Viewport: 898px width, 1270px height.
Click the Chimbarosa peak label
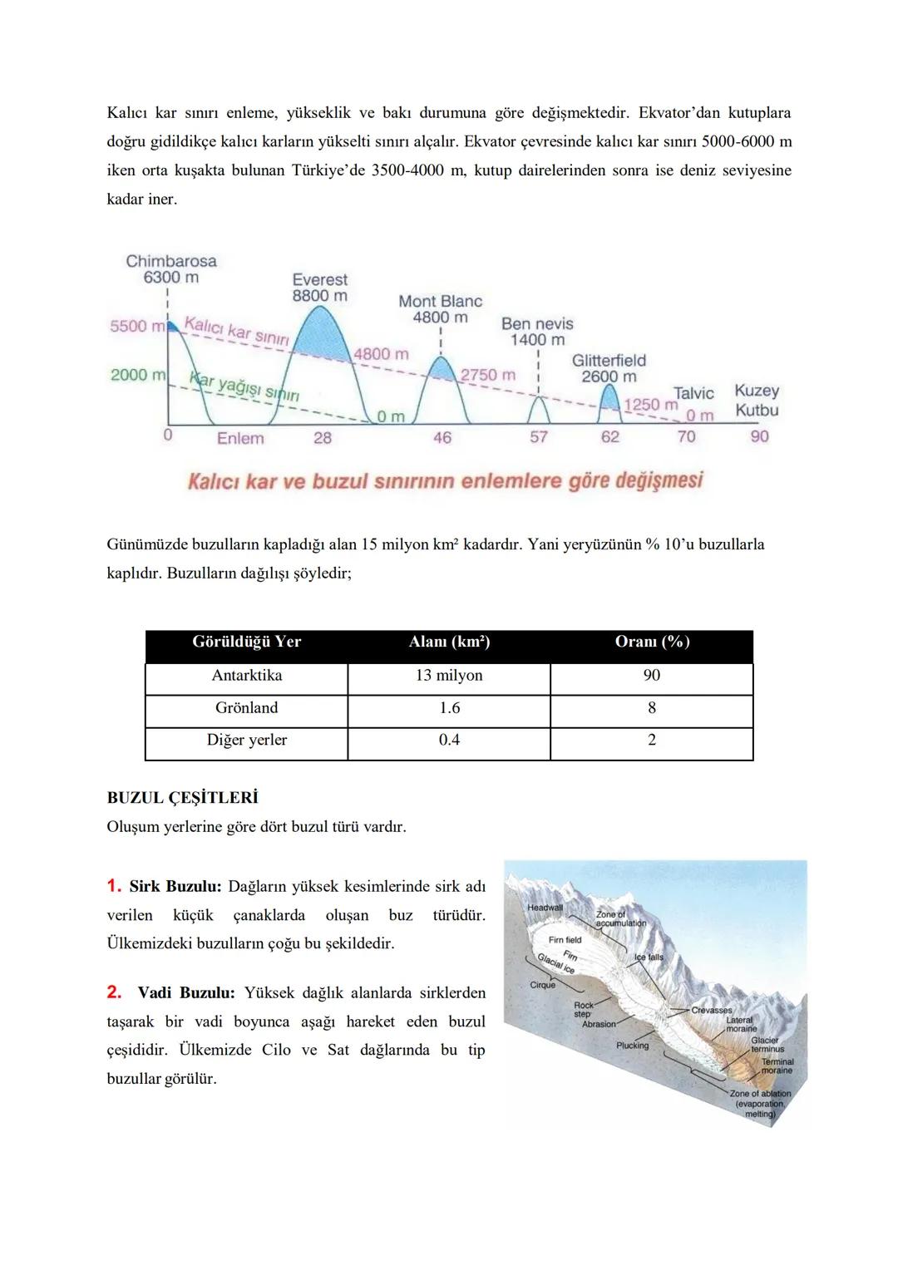tap(170, 268)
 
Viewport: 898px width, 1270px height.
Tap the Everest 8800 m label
tap(320, 288)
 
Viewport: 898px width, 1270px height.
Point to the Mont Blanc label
tap(440, 309)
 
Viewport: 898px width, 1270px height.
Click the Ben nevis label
tap(537, 332)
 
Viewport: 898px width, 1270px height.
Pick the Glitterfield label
tap(609, 368)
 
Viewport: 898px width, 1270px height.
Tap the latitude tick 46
tap(442, 437)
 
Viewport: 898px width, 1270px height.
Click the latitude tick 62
tap(610, 437)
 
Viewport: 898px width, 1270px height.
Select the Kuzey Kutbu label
tap(757, 400)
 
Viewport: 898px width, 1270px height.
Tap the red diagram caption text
tap(445, 480)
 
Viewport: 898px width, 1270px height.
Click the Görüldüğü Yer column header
tap(246, 642)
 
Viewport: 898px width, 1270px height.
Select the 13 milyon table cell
tap(449, 676)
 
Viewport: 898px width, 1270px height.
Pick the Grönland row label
tap(246, 708)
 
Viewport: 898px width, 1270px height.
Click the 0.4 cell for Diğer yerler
tap(449, 741)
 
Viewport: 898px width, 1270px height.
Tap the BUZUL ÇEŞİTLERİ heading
tap(182, 798)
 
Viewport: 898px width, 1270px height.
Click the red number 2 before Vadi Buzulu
tap(114, 992)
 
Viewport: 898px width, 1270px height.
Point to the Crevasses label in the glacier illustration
tap(711, 1011)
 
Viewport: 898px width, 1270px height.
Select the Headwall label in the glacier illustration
tap(545, 908)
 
